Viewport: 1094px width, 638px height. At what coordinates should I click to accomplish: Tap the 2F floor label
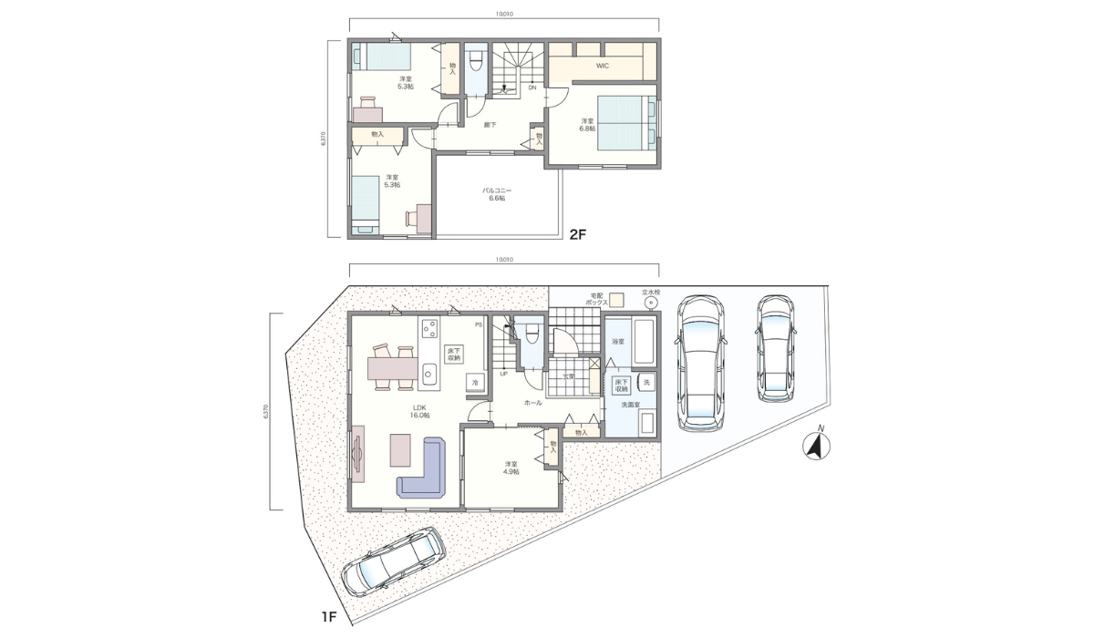coord(576,234)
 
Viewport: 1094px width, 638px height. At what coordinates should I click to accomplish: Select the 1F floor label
coord(329,617)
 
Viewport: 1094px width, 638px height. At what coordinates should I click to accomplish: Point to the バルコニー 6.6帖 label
coord(496,194)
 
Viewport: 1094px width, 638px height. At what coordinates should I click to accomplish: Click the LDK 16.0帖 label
coord(420,411)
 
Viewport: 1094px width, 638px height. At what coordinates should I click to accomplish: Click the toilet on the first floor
coord(532,334)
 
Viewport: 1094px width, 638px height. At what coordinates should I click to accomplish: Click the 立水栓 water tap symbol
coord(650,303)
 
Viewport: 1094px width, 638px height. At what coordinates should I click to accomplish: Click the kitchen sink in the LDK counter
coord(429,372)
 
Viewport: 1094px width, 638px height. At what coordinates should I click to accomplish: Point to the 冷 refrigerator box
coord(474,383)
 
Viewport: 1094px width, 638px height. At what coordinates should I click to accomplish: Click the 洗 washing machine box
coord(645,382)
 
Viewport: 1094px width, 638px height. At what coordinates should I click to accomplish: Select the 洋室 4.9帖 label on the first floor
coord(511,468)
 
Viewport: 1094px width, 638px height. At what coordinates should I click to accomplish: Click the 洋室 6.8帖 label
coord(587,125)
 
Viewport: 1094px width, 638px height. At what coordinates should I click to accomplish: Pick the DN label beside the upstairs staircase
coord(532,87)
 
